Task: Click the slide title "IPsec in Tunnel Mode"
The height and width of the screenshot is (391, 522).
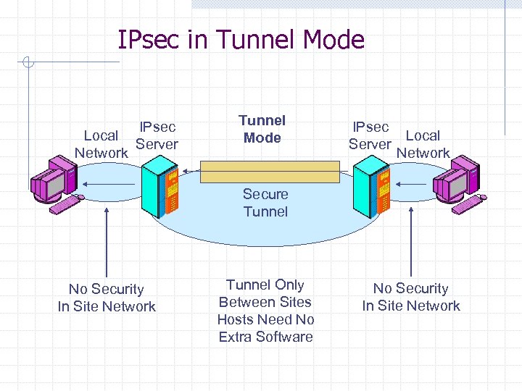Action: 241,39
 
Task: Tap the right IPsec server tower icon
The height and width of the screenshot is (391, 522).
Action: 371,190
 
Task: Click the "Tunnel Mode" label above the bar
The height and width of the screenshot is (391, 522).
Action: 262,129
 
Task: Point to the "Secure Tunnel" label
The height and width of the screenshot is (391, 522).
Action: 265,203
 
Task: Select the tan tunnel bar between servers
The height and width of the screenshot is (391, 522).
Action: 270,172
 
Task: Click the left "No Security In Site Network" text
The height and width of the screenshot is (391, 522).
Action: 107,298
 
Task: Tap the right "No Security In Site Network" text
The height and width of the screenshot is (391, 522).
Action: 411,297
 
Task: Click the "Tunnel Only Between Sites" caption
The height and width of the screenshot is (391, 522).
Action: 265,293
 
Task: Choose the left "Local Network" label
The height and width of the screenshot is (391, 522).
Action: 101,144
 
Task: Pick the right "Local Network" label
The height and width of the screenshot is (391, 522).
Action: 423,144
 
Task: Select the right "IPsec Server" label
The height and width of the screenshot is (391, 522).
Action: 370,135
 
